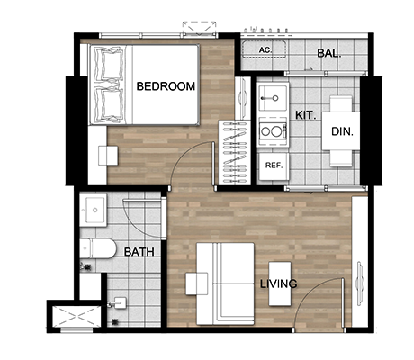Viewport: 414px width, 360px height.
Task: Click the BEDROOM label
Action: pos(166,86)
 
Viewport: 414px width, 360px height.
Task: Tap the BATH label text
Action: pos(139,252)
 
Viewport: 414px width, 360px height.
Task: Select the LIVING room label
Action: pos(278,283)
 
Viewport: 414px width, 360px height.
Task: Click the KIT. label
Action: pos(305,115)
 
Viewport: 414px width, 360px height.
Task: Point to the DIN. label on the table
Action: pos(342,131)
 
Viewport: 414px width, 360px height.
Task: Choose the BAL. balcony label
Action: pos(329,53)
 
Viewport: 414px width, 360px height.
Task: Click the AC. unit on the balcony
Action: pos(264,49)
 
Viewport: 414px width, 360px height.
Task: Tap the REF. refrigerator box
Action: pos(274,166)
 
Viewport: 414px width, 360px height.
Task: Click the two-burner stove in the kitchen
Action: pos(274,131)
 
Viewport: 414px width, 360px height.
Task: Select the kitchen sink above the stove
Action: pos(274,98)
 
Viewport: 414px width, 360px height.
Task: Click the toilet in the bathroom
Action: pos(98,248)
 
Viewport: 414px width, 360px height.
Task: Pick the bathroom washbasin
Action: pos(94,210)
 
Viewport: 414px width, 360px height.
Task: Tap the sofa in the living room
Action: pos(225,283)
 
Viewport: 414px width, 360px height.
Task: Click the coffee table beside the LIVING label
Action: pos(280,283)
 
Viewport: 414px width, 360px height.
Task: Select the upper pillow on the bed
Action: pos(109,64)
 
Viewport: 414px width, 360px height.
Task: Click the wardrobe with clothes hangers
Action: pos(235,152)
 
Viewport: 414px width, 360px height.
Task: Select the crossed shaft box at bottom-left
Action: pos(76,316)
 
